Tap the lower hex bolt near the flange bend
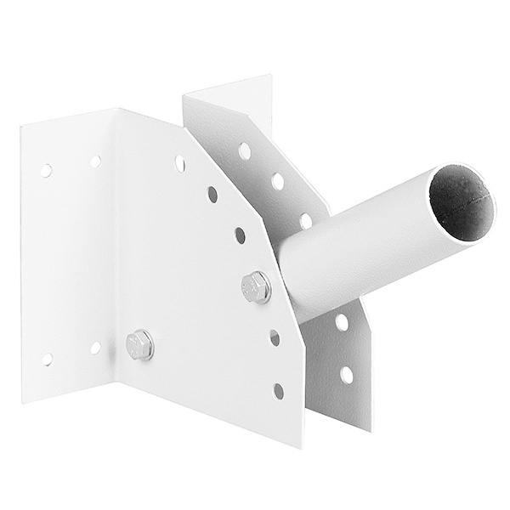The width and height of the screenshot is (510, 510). coord(139,344)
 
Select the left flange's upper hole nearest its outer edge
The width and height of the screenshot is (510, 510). coord(48,169)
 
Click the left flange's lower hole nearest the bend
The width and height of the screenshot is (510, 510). coord(95,347)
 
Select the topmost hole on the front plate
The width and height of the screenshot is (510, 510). coord(180,160)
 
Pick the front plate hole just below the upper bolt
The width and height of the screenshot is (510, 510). coord(274,337)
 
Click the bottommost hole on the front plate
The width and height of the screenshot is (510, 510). coord(277,390)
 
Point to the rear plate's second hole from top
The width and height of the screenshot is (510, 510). coord(277,181)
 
